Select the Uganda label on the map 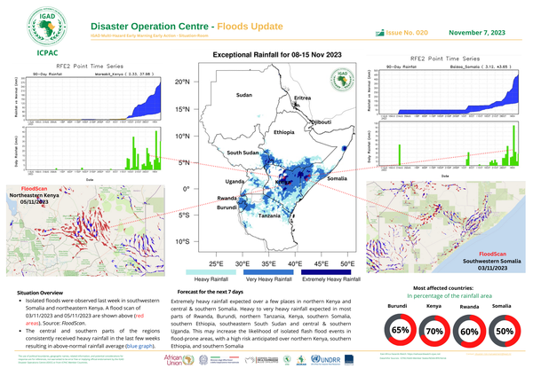point(235,182)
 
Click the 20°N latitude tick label point(182,82)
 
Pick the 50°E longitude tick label point(347,263)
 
